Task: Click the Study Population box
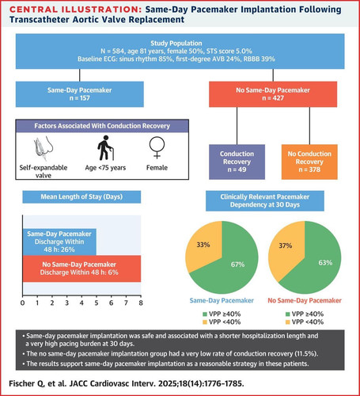180,51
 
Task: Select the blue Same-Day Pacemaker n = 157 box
80,94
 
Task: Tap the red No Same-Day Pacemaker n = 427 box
273,94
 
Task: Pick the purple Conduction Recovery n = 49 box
237,162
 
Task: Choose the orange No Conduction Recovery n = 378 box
309,162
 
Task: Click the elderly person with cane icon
105,148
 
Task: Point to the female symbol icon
157,147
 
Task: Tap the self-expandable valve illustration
44,148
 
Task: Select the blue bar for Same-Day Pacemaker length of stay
59,242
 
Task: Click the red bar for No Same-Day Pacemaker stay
81,268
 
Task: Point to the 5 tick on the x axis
97,303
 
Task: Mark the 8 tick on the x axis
141,303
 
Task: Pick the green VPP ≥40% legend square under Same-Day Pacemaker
205,314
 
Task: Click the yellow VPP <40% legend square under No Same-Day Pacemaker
288,322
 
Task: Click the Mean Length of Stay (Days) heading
81,197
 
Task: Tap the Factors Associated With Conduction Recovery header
102,126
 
